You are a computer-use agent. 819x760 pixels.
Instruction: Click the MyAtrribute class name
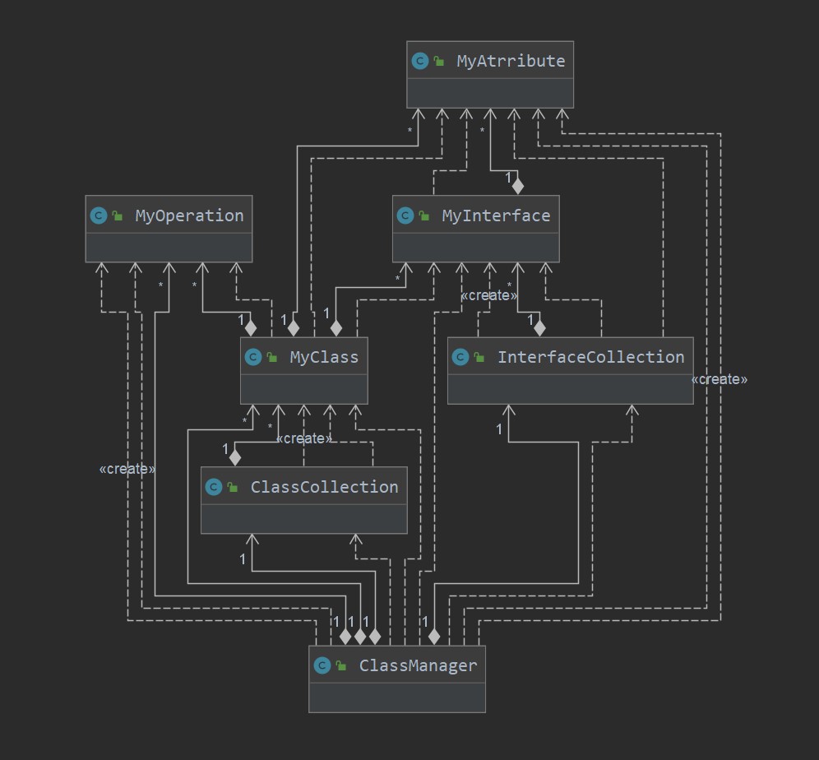tap(511, 61)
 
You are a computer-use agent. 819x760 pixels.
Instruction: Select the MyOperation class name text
tap(189, 215)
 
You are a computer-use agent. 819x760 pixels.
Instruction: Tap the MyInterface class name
tap(496, 215)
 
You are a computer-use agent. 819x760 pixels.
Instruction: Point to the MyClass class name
tap(324, 357)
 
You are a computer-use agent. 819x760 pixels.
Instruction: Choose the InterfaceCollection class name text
tap(590, 357)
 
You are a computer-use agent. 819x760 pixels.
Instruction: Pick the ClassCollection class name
tap(324, 487)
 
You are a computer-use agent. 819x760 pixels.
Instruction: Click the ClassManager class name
tap(418, 665)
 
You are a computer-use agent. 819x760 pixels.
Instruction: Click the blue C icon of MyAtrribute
tap(419, 61)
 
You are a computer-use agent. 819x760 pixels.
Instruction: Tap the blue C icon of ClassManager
tap(322, 665)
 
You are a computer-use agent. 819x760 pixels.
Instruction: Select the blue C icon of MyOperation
tap(98, 215)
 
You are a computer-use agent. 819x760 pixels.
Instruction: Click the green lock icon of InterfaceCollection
tap(479, 357)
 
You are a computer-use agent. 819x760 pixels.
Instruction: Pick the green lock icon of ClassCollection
tap(233, 487)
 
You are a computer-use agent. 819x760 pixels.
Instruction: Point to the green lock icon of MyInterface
tap(424, 215)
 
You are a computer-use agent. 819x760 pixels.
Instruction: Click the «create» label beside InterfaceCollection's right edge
tap(720, 379)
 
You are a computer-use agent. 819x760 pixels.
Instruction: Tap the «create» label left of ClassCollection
tap(127, 469)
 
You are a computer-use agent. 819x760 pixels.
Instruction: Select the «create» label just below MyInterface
tap(489, 295)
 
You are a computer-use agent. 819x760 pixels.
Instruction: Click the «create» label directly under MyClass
tap(304, 438)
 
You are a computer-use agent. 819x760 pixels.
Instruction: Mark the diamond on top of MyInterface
tap(517, 185)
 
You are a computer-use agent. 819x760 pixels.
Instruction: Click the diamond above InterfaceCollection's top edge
tap(539, 327)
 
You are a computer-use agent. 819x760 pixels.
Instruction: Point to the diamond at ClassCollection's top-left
tap(235, 456)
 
